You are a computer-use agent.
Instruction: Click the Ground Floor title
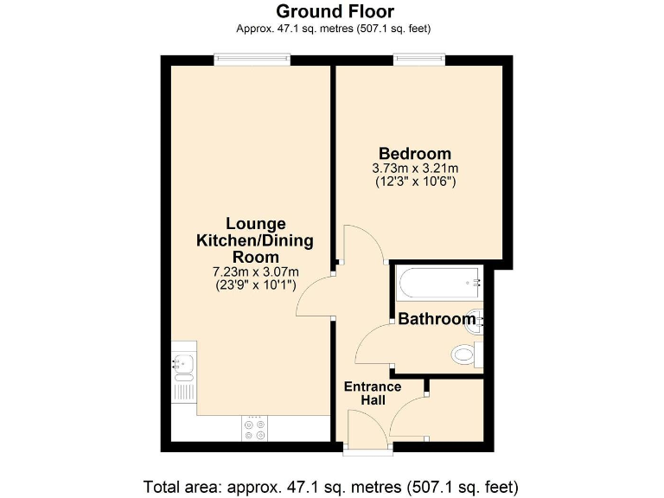point(335,11)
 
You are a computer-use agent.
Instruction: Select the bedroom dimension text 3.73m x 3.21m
point(415,168)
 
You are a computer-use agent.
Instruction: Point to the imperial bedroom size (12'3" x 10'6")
point(415,182)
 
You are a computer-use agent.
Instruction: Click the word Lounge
point(255,224)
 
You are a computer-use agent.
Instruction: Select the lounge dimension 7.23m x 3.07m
point(255,272)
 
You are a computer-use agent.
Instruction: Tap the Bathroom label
point(437,319)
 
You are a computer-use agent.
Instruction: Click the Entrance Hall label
point(373,393)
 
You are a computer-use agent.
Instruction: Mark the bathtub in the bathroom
point(437,281)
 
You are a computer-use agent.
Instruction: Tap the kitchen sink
point(183,368)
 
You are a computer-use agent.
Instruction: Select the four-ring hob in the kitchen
point(255,429)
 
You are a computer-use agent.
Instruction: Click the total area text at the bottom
point(331,484)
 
